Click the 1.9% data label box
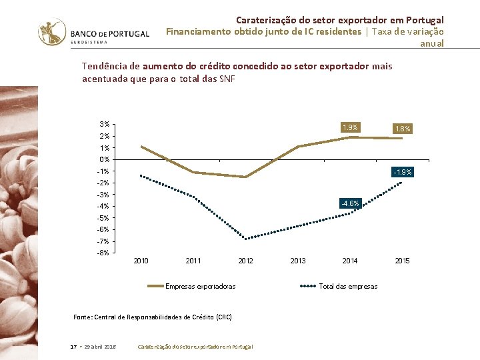[350, 127]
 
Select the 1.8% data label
[403, 129]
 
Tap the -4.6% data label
[350, 203]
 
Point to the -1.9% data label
[403, 172]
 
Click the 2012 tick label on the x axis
[246, 261]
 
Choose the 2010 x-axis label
[141, 261]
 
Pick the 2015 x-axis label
[403, 261]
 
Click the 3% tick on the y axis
[105, 125]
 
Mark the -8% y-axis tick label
[103, 253]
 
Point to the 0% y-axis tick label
[105, 159]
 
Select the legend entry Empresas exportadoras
[200, 286]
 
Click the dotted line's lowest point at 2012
[246, 239]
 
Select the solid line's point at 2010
[141, 147]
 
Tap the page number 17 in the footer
[73, 347]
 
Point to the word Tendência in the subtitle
[105, 66]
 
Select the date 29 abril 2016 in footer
[101, 347]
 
